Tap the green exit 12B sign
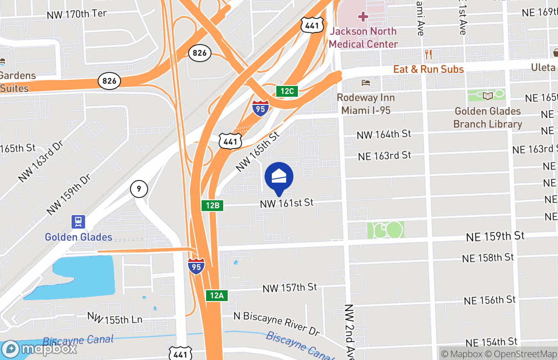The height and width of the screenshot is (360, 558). [x=212, y=206]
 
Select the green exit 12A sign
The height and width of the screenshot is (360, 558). [x=216, y=295]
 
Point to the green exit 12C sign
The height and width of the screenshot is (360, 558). [x=287, y=91]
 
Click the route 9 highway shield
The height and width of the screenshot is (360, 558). [x=139, y=189]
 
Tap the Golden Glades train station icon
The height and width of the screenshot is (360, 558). [x=78, y=222]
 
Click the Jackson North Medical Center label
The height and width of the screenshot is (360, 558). [x=363, y=38]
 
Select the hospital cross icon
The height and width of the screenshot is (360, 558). [x=363, y=17]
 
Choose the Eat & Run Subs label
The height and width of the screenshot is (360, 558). [x=428, y=69]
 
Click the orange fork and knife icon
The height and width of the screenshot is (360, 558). [x=428, y=54]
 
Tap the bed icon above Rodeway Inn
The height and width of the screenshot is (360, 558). [x=365, y=83]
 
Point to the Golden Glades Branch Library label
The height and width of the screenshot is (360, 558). [x=488, y=117]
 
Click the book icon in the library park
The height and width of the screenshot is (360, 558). [x=488, y=95]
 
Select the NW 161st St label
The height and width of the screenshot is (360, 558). [x=287, y=203]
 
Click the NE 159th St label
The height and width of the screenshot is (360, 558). [x=495, y=236]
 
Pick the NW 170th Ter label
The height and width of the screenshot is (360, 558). [x=76, y=14]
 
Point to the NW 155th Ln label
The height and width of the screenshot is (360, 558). [x=115, y=319]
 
